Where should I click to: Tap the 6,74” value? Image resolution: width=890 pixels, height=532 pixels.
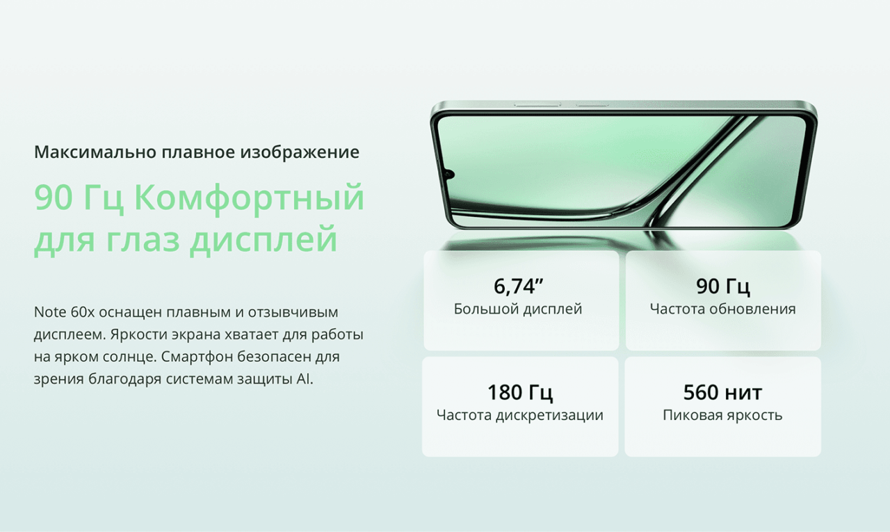(x=518, y=286)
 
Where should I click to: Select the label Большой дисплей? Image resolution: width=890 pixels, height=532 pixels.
(x=518, y=309)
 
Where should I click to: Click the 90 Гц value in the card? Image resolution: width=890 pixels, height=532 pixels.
(x=723, y=286)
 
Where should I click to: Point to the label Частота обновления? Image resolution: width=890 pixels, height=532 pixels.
(x=723, y=309)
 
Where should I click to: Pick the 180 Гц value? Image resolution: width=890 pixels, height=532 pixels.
(x=520, y=392)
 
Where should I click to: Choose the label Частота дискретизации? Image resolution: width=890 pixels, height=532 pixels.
(x=520, y=415)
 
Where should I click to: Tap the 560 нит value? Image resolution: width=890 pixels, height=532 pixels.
(x=722, y=392)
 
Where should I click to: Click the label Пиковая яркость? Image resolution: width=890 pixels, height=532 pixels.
(x=722, y=415)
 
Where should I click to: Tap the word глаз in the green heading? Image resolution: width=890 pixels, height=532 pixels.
(x=143, y=239)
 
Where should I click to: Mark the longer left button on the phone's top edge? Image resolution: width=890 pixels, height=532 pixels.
(x=537, y=105)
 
